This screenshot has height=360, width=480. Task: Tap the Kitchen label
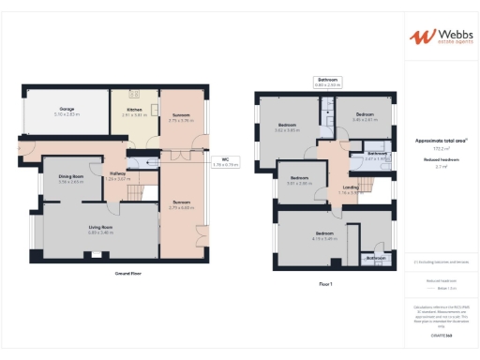point(134,110)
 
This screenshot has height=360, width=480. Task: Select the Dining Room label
point(71,176)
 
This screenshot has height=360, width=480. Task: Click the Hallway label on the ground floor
point(118,172)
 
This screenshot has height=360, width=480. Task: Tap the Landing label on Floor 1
point(350,187)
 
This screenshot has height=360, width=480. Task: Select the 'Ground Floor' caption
point(128,273)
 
